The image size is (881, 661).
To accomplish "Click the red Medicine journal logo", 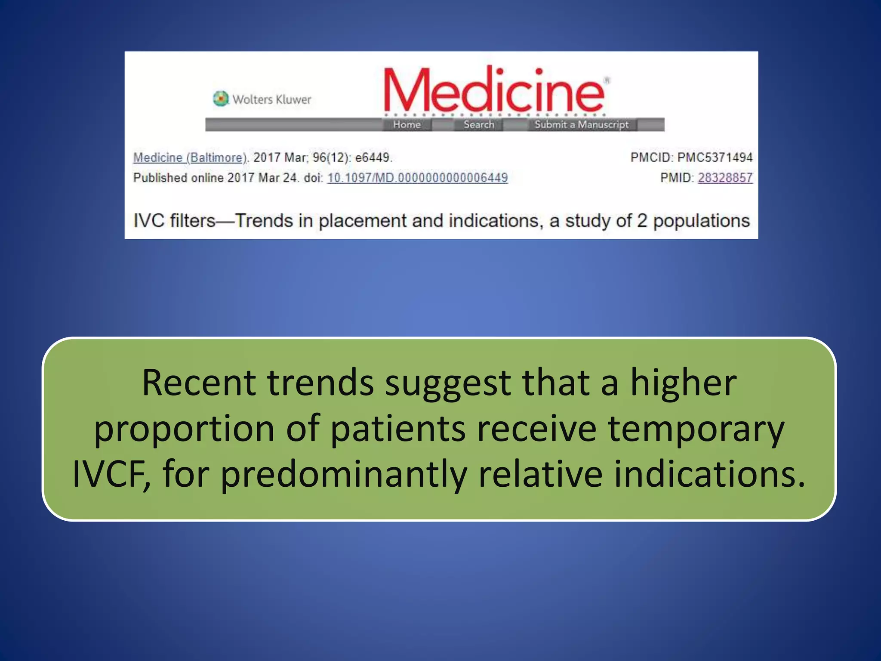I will click(x=495, y=90).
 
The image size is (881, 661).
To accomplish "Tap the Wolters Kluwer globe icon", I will click(x=221, y=99).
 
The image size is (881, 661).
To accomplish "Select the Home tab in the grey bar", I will click(x=407, y=125).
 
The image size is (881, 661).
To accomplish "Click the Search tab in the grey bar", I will click(x=479, y=125).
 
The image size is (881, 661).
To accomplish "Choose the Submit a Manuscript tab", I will click(x=581, y=125).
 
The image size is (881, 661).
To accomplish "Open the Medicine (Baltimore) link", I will click(x=190, y=158).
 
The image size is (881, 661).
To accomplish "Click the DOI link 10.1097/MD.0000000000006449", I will click(x=417, y=178).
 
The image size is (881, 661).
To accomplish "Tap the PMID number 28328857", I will click(x=725, y=178).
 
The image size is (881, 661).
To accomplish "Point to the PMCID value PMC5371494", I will click(x=715, y=158).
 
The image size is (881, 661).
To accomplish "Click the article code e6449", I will click(x=373, y=158).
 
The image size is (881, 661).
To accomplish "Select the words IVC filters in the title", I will click(x=174, y=221).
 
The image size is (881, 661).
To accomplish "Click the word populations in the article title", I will click(x=701, y=221).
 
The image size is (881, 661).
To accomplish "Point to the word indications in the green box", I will click(x=708, y=474).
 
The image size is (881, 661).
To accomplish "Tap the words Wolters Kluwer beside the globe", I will click(x=272, y=99).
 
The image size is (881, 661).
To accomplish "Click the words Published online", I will click(x=178, y=178).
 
